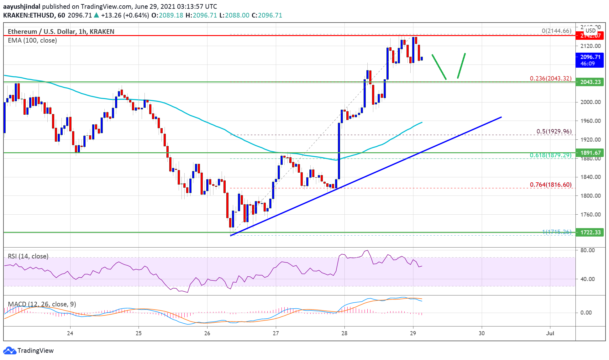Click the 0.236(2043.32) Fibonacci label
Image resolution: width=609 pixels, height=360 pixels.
(550, 78)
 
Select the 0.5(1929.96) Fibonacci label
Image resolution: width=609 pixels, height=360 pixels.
(554, 131)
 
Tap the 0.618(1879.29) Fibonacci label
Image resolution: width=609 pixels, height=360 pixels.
(550, 155)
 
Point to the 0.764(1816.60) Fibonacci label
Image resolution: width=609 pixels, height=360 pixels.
(550, 185)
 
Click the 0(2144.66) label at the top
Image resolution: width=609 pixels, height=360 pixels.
(556, 31)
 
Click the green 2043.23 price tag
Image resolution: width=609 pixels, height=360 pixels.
(590, 82)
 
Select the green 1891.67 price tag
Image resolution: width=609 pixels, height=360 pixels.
(590, 153)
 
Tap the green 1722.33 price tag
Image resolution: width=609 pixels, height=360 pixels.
(590, 232)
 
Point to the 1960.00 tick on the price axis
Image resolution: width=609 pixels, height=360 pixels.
(591, 121)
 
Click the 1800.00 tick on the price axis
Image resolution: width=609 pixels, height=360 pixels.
(591, 196)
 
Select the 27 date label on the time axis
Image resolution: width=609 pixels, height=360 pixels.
(276, 333)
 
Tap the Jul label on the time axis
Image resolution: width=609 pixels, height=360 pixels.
(550, 333)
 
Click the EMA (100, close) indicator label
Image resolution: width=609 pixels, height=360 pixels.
(32, 40)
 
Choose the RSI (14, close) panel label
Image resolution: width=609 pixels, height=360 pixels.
(28, 256)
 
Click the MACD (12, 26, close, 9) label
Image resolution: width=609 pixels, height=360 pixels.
(42, 304)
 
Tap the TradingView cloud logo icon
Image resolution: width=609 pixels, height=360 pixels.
(9, 350)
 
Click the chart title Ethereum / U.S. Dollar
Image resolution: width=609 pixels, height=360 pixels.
(41, 31)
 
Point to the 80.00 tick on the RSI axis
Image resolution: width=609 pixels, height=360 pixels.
(587, 250)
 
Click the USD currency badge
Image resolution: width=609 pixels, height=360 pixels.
(591, 31)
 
